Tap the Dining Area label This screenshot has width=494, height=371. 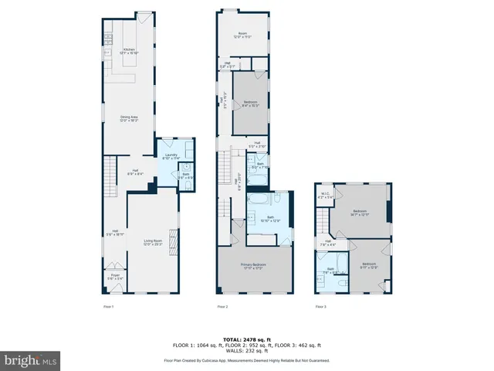(128, 119)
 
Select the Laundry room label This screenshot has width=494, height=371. (171, 157)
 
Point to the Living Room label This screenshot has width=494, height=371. (153, 243)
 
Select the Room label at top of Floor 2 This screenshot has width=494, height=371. (242, 35)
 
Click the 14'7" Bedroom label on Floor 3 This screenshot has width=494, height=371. (360, 213)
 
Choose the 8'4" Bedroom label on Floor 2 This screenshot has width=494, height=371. (251, 104)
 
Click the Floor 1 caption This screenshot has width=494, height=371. (109, 307)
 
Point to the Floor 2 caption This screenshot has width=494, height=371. (222, 307)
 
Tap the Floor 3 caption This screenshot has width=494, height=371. (320, 307)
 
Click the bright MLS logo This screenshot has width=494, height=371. (31, 360)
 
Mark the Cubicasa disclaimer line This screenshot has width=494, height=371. (246, 360)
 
